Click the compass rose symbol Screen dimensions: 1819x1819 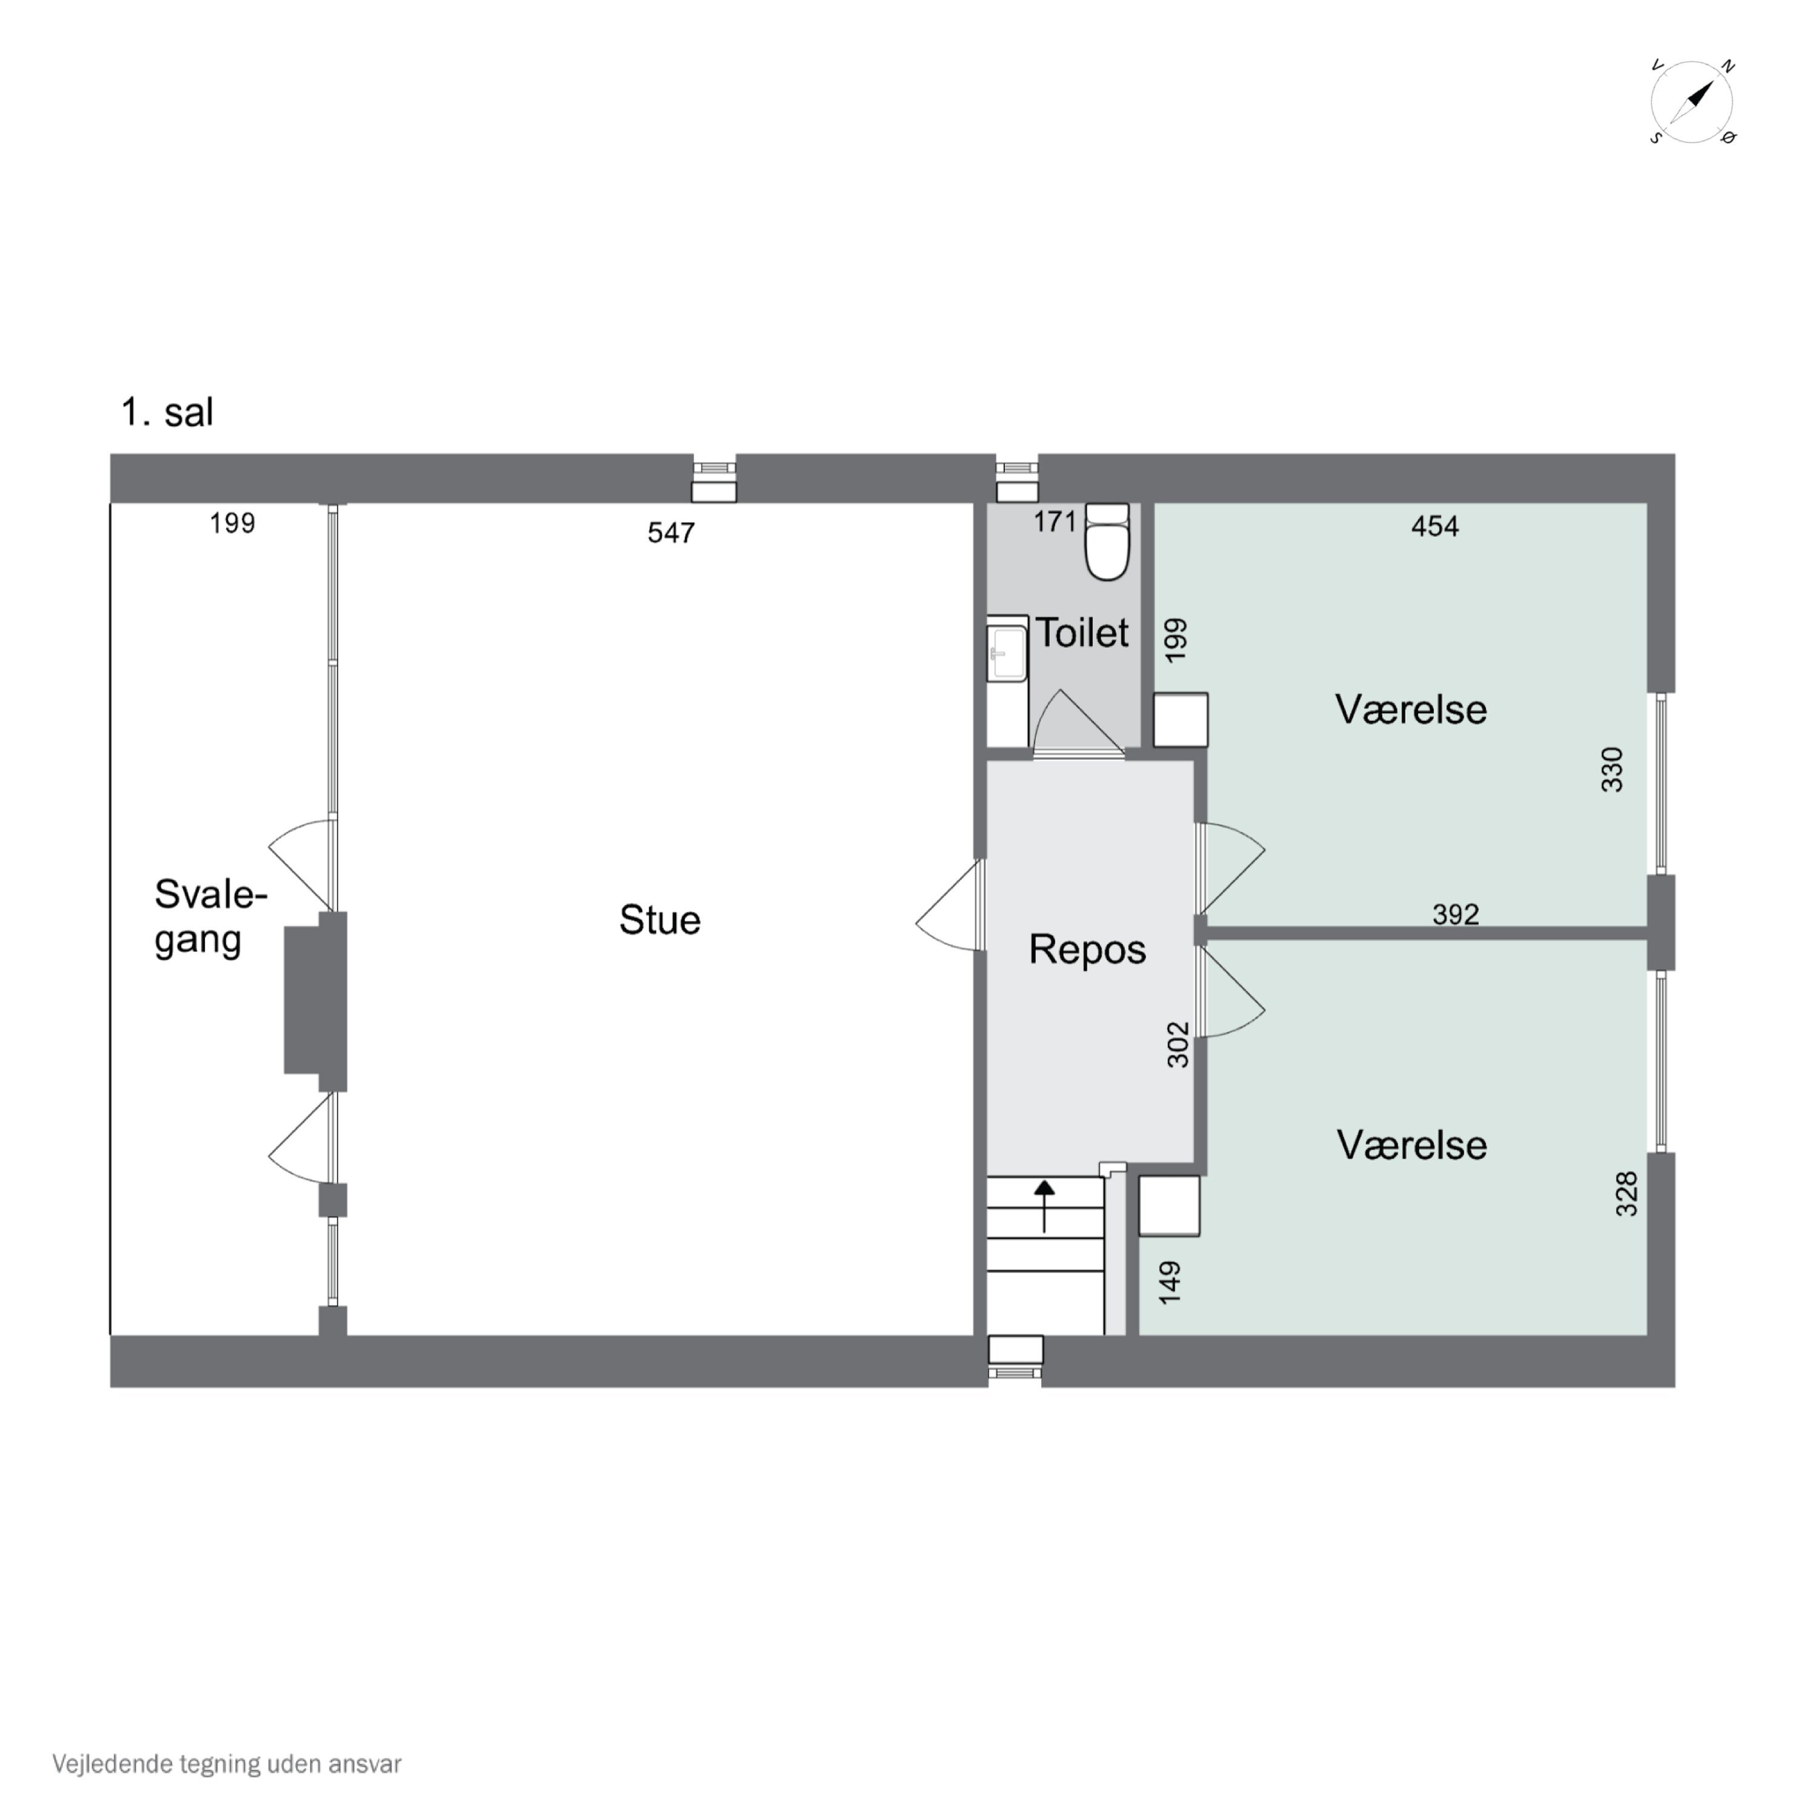tap(1692, 102)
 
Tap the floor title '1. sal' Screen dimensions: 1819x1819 tap(167, 412)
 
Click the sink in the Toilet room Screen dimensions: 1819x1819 tap(1007, 649)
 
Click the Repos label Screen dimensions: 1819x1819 tap(1087, 949)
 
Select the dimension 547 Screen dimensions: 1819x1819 tap(671, 533)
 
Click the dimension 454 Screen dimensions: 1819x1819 tap(1435, 526)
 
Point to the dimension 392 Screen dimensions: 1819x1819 tap(1456, 914)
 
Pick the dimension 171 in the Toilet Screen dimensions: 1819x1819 tap(1054, 521)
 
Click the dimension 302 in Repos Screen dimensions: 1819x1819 tap(1179, 1045)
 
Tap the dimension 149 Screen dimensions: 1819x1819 tap(1170, 1283)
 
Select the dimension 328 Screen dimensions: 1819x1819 tap(1627, 1194)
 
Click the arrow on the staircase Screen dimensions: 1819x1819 tap(1044, 1206)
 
